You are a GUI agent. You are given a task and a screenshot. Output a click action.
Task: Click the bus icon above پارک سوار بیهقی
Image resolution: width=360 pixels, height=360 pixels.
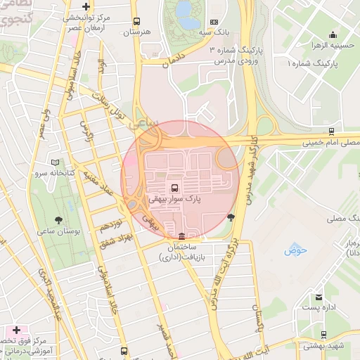(173, 188)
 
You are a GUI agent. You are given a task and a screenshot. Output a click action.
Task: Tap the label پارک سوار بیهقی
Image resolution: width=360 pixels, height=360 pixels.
(174, 200)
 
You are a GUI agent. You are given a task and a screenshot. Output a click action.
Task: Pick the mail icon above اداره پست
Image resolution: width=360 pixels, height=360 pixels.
(319, 297)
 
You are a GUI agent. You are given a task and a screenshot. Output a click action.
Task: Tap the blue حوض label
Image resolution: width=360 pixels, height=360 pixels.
(292, 250)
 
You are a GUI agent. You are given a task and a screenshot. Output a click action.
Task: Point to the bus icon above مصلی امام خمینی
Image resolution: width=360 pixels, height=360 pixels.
(330, 131)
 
